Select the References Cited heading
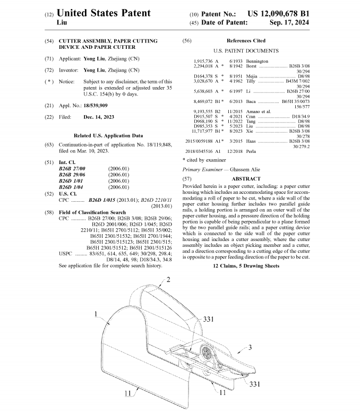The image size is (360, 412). click(245, 40)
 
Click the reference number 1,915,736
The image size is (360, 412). click(204, 62)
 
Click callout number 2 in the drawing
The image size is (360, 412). click(168, 279)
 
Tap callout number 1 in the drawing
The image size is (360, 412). click(96, 314)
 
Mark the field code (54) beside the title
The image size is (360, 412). click(49, 41)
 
